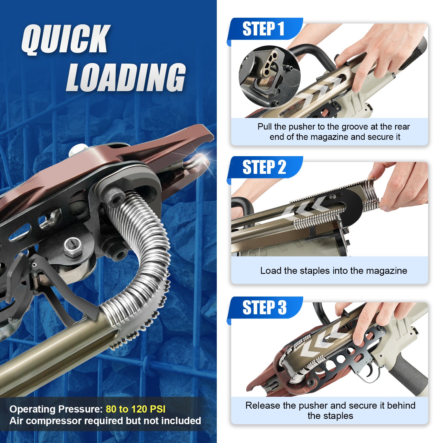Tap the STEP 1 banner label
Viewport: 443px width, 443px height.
click(x=263, y=29)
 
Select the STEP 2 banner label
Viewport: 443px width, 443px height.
click(x=264, y=167)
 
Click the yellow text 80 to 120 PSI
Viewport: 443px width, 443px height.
click(x=136, y=409)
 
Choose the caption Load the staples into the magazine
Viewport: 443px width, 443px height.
click(x=334, y=271)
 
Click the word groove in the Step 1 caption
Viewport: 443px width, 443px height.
click(x=355, y=127)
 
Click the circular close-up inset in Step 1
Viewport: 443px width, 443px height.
click(x=269, y=77)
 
